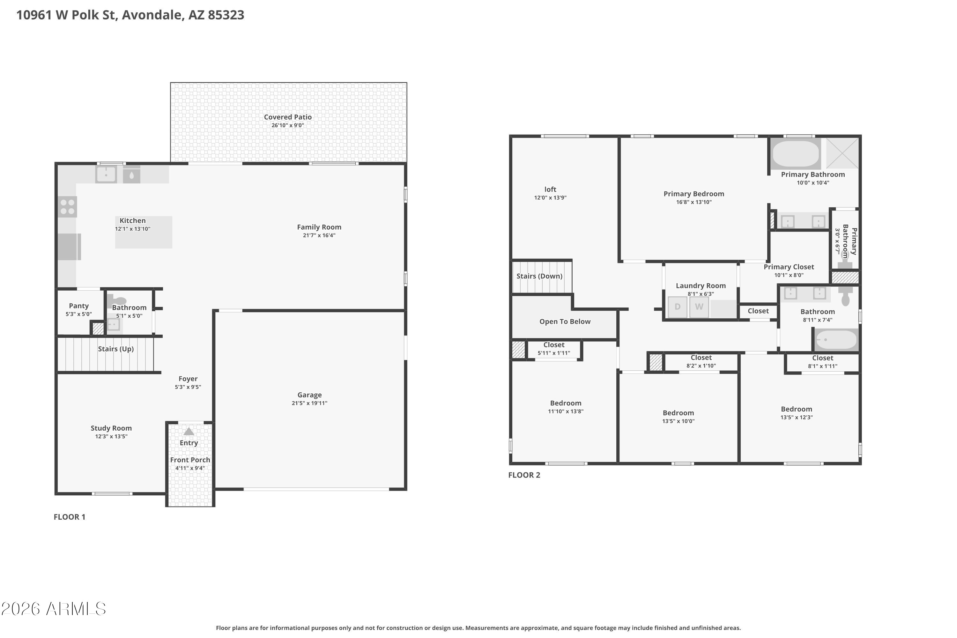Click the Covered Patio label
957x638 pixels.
point(288,117)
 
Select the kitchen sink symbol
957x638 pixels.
point(106,174)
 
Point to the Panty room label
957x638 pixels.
point(78,306)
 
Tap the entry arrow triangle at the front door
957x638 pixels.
point(189,431)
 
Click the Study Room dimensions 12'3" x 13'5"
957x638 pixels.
point(111,437)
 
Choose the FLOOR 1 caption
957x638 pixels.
point(70,517)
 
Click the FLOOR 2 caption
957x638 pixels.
point(524,475)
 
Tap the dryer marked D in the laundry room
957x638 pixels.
point(678,307)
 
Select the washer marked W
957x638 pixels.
point(699,307)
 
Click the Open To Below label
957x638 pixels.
point(565,322)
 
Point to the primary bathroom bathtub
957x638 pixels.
point(796,154)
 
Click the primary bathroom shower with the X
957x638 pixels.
point(842,153)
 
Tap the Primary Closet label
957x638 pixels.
point(789,267)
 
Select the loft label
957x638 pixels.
point(550,189)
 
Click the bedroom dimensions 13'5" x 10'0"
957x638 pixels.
point(678,421)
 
